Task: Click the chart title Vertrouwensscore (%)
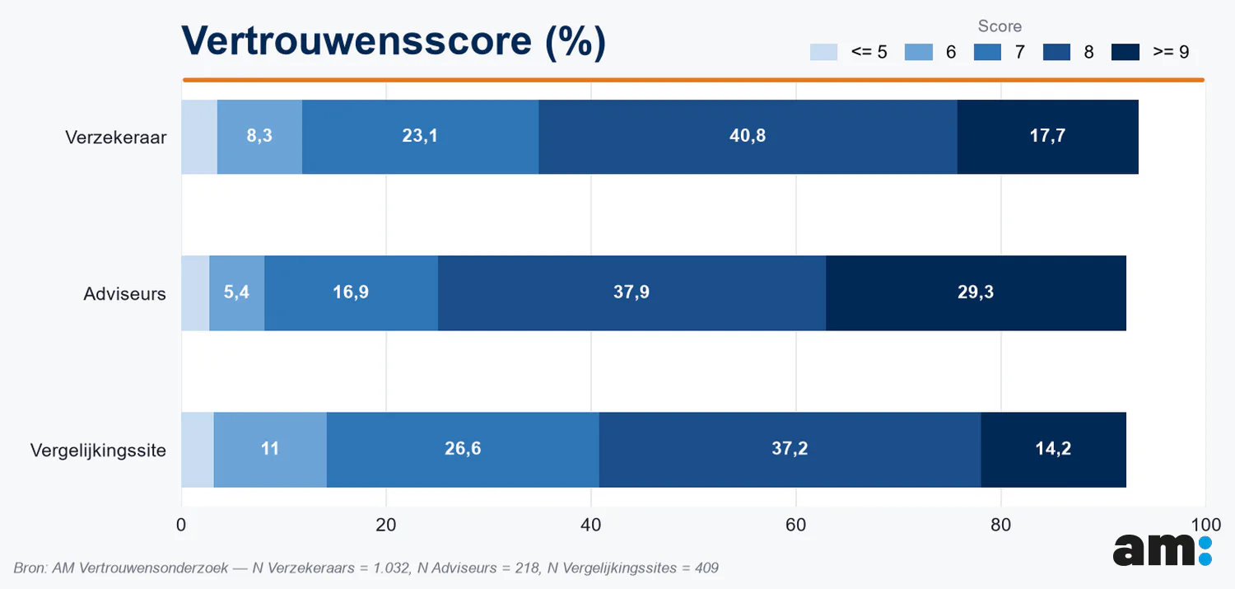[394, 41]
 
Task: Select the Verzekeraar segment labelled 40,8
[748, 137]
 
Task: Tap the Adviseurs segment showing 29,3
[976, 292]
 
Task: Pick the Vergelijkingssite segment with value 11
[270, 450]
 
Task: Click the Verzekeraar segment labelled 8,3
[259, 137]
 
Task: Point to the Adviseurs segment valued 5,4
[237, 292]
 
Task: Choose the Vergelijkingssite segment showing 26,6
[463, 450]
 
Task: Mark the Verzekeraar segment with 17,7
[1048, 137]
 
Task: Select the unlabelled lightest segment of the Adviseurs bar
[195, 292]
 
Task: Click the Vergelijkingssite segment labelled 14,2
[1054, 450]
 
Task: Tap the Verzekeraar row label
[116, 138]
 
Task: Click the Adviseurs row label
[124, 294]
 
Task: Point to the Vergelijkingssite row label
[98, 451]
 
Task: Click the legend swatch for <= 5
[823, 52]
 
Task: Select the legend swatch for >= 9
[1125, 52]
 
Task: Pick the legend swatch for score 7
[987, 52]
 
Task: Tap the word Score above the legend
[1000, 26]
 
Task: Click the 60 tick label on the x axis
[795, 525]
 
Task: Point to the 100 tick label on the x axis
[1206, 525]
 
